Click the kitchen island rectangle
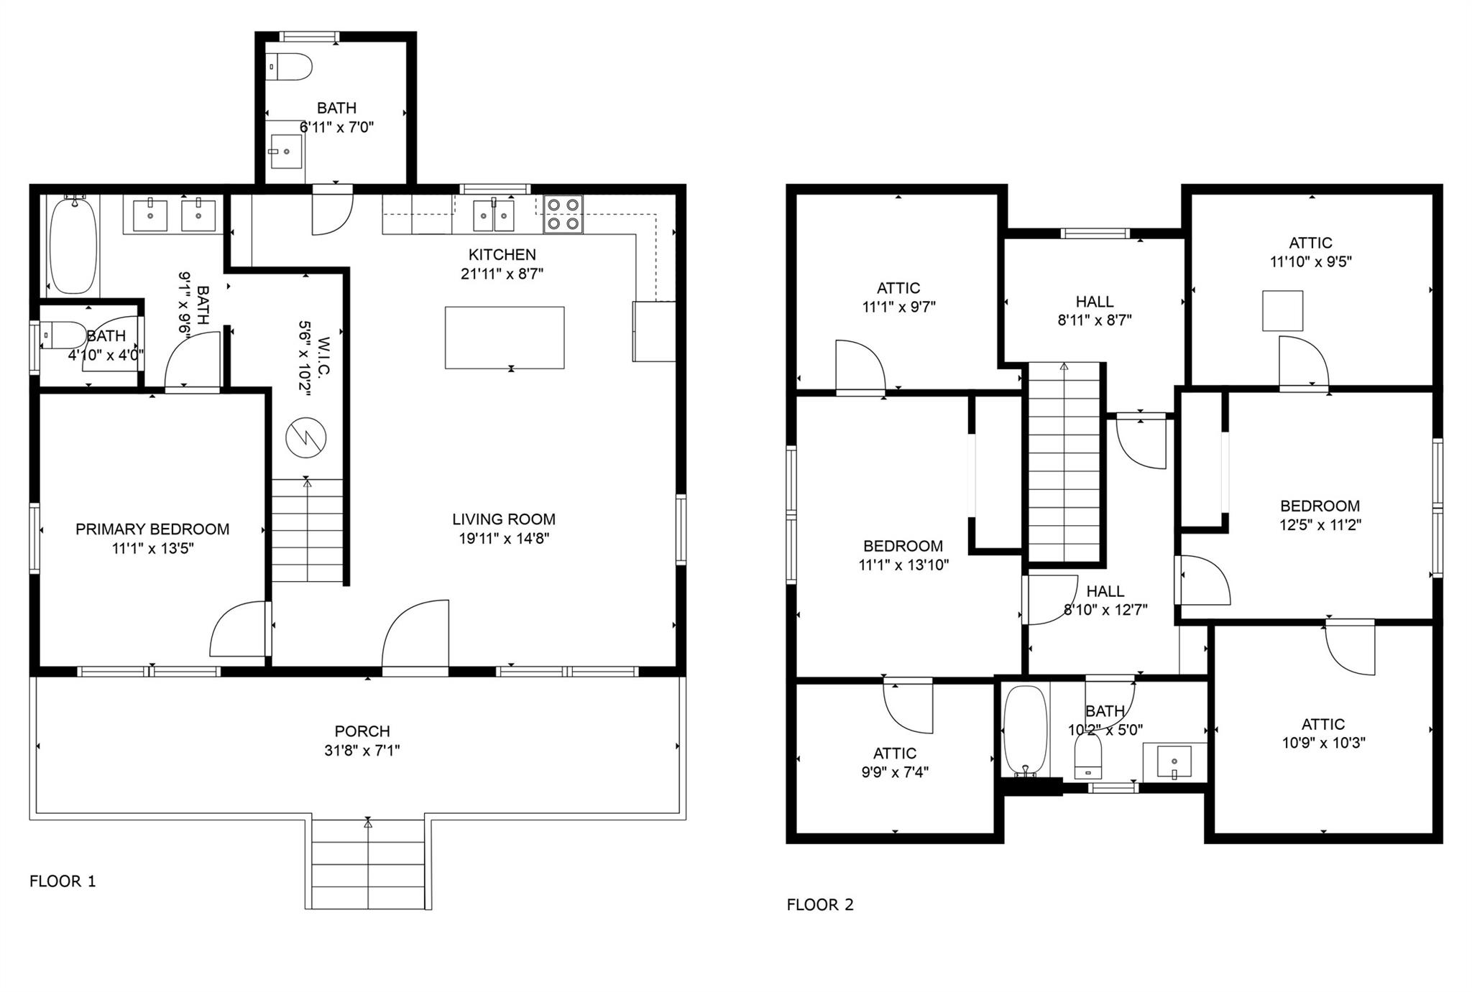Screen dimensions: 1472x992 point(505,338)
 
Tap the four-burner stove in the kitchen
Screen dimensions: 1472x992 point(563,214)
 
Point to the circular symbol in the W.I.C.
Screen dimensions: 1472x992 point(306,437)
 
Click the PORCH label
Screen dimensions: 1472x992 point(362,731)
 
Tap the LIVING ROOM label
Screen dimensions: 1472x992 point(504,519)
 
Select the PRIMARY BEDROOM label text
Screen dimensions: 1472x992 point(152,529)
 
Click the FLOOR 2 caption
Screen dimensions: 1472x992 point(820,905)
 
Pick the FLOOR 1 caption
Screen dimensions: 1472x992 point(63,881)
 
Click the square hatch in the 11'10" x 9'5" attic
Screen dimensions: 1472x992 point(1282,310)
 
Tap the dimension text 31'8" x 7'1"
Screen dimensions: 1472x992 point(362,751)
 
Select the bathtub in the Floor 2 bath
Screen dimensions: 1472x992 point(1025,731)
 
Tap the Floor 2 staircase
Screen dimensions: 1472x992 point(1064,462)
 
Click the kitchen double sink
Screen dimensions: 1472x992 point(494,215)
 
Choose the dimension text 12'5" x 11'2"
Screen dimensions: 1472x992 point(1320,525)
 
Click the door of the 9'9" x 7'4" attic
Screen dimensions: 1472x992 point(907,708)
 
